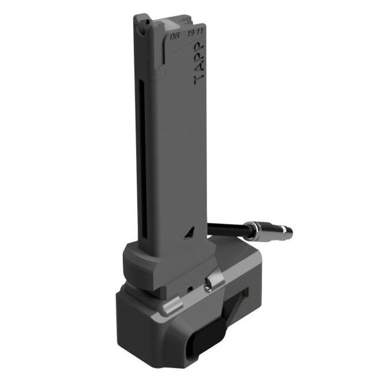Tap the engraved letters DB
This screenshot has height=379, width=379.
pyautogui.click(x=173, y=36)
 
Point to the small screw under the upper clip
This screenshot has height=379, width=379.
pyautogui.click(x=207, y=284)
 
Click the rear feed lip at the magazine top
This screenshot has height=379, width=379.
pyautogui.click(x=140, y=22)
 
